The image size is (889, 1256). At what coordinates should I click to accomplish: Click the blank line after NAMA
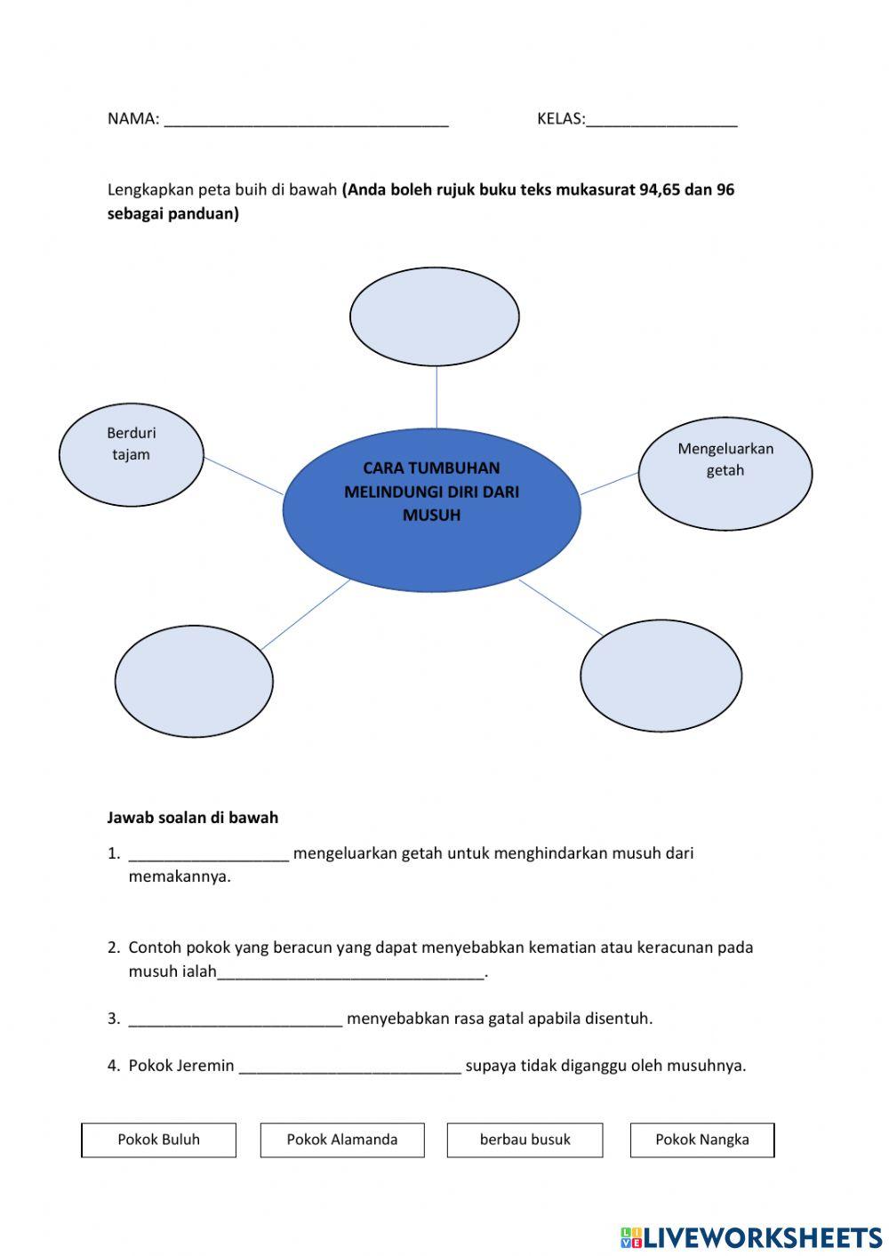click(306, 120)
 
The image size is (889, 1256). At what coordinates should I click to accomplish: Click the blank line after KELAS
click(661, 120)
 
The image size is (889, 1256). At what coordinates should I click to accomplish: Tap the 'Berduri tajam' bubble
click(132, 455)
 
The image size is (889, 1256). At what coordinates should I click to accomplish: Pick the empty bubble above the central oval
click(434, 316)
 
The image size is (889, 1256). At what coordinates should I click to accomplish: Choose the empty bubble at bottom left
click(194, 681)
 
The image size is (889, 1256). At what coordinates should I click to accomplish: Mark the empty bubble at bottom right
click(661, 676)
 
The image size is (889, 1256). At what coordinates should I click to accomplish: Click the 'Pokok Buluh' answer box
click(159, 1140)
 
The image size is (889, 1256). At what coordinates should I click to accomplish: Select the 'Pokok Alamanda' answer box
click(342, 1140)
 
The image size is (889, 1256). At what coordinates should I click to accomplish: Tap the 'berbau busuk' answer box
click(525, 1140)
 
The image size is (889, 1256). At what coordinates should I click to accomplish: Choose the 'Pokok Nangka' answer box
click(702, 1140)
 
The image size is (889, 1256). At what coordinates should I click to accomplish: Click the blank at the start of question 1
click(209, 854)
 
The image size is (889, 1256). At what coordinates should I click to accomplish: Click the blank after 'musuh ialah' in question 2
click(351, 972)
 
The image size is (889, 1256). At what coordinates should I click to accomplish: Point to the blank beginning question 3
click(236, 1020)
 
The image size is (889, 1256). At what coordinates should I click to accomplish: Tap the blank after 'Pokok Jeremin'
click(349, 1067)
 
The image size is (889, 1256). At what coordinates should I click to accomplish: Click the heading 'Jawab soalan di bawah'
click(193, 818)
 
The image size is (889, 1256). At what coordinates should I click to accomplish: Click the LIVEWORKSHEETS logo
click(751, 1237)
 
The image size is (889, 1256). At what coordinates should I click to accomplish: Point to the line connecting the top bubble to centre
click(436, 397)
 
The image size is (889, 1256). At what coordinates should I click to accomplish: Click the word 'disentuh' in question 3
click(620, 1019)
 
